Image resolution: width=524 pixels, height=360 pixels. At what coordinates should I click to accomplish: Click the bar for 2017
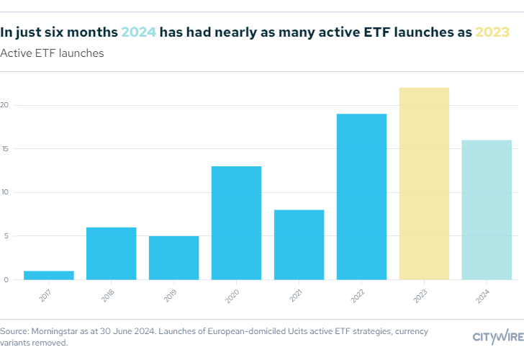click(48, 275)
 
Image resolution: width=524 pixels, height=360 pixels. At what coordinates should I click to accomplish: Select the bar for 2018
click(111, 253)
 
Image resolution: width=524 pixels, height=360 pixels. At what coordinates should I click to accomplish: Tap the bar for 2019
click(173, 258)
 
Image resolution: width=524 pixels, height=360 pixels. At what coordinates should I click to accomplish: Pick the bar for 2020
click(236, 222)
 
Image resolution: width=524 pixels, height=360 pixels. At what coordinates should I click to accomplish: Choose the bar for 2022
click(361, 197)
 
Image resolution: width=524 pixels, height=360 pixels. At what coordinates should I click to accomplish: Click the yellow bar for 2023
click(424, 184)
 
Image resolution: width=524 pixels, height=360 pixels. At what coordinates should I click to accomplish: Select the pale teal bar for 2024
click(487, 210)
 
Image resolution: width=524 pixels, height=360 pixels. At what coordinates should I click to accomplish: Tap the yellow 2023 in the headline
click(492, 32)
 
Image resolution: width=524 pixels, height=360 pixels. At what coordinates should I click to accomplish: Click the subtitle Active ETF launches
click(52, 53)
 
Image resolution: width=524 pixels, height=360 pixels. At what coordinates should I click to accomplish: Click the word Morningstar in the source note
click(55, 331)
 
